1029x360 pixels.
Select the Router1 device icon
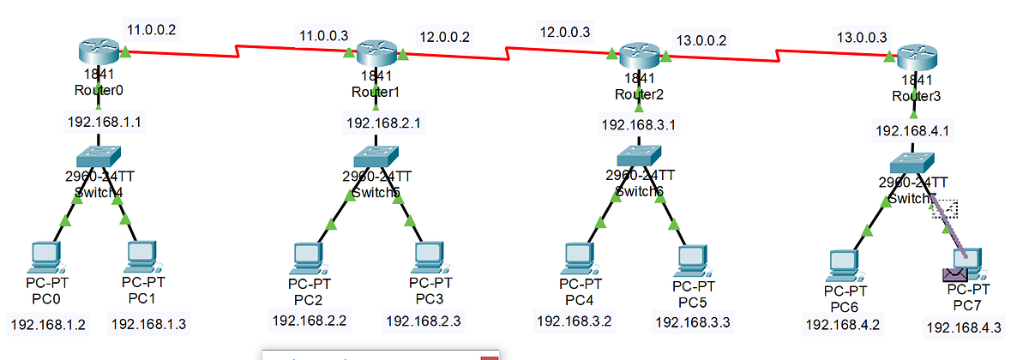(375, 53)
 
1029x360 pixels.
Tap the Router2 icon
(639, 57)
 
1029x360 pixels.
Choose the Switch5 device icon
(375, 155)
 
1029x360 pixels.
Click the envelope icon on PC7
(954, 275)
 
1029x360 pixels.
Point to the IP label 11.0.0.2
(152, 30)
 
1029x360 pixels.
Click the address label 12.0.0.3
(564, 32)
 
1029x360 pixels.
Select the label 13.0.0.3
(861, 37)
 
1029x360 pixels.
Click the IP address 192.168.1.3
(148, 323)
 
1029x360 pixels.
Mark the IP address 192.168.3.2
(574, 321)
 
